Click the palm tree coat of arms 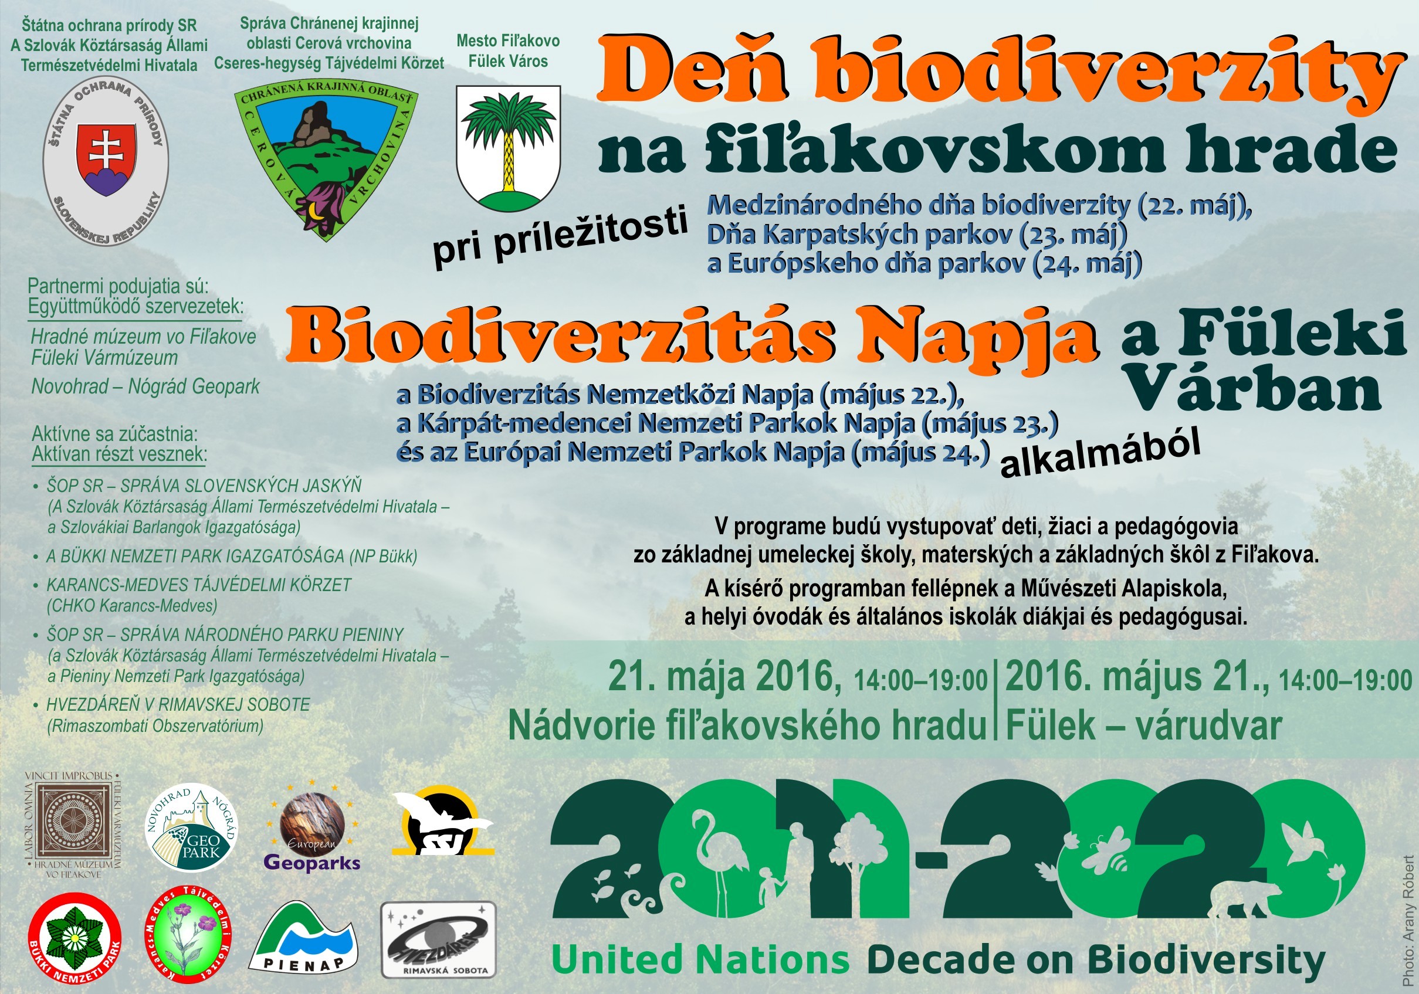508,148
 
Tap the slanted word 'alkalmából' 1100,455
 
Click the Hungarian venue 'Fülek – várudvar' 1144,725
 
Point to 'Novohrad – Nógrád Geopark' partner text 146,386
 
